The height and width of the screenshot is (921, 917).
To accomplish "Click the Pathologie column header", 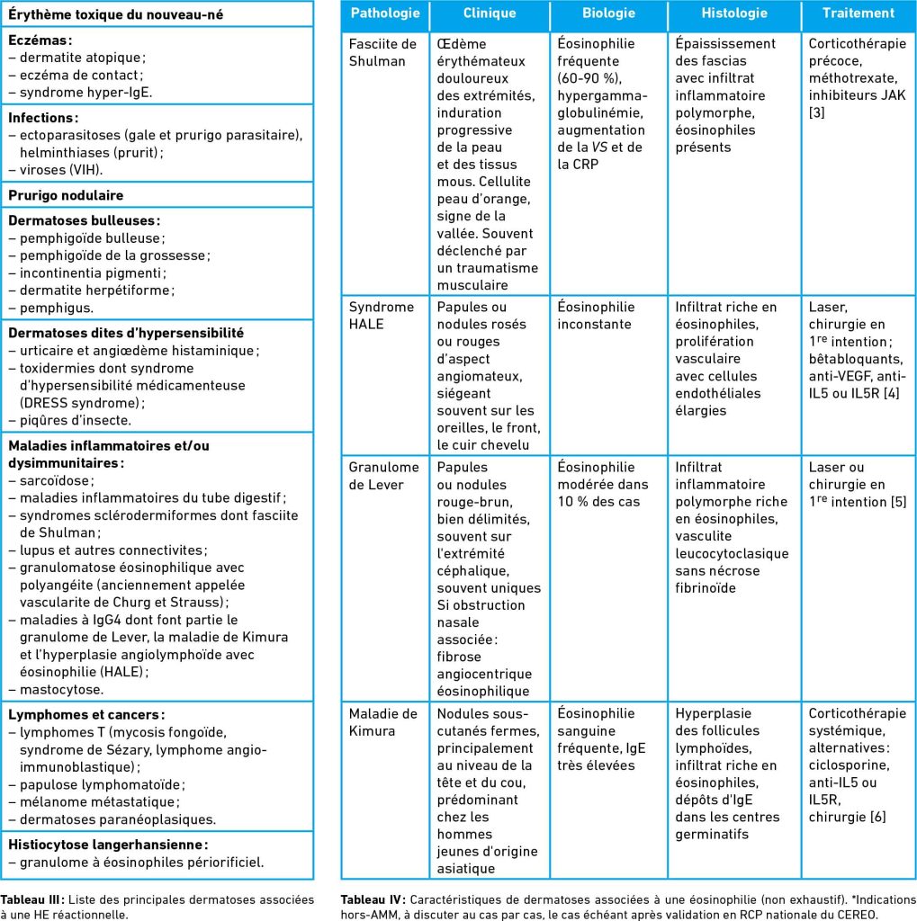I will click(384, 13).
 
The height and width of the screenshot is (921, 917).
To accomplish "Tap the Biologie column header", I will click(608, 13).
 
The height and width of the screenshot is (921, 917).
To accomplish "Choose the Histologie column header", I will click(734, 13).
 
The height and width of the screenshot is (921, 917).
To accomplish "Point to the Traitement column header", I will click(858, 13).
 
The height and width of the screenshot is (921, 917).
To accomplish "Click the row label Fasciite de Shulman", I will click(382, 52).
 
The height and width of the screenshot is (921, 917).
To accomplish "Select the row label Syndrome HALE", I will click(382, 315).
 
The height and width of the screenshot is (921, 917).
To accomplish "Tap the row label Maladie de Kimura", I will click(383, 721).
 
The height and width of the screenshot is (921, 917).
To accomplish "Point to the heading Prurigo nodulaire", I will click(66, 195).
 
